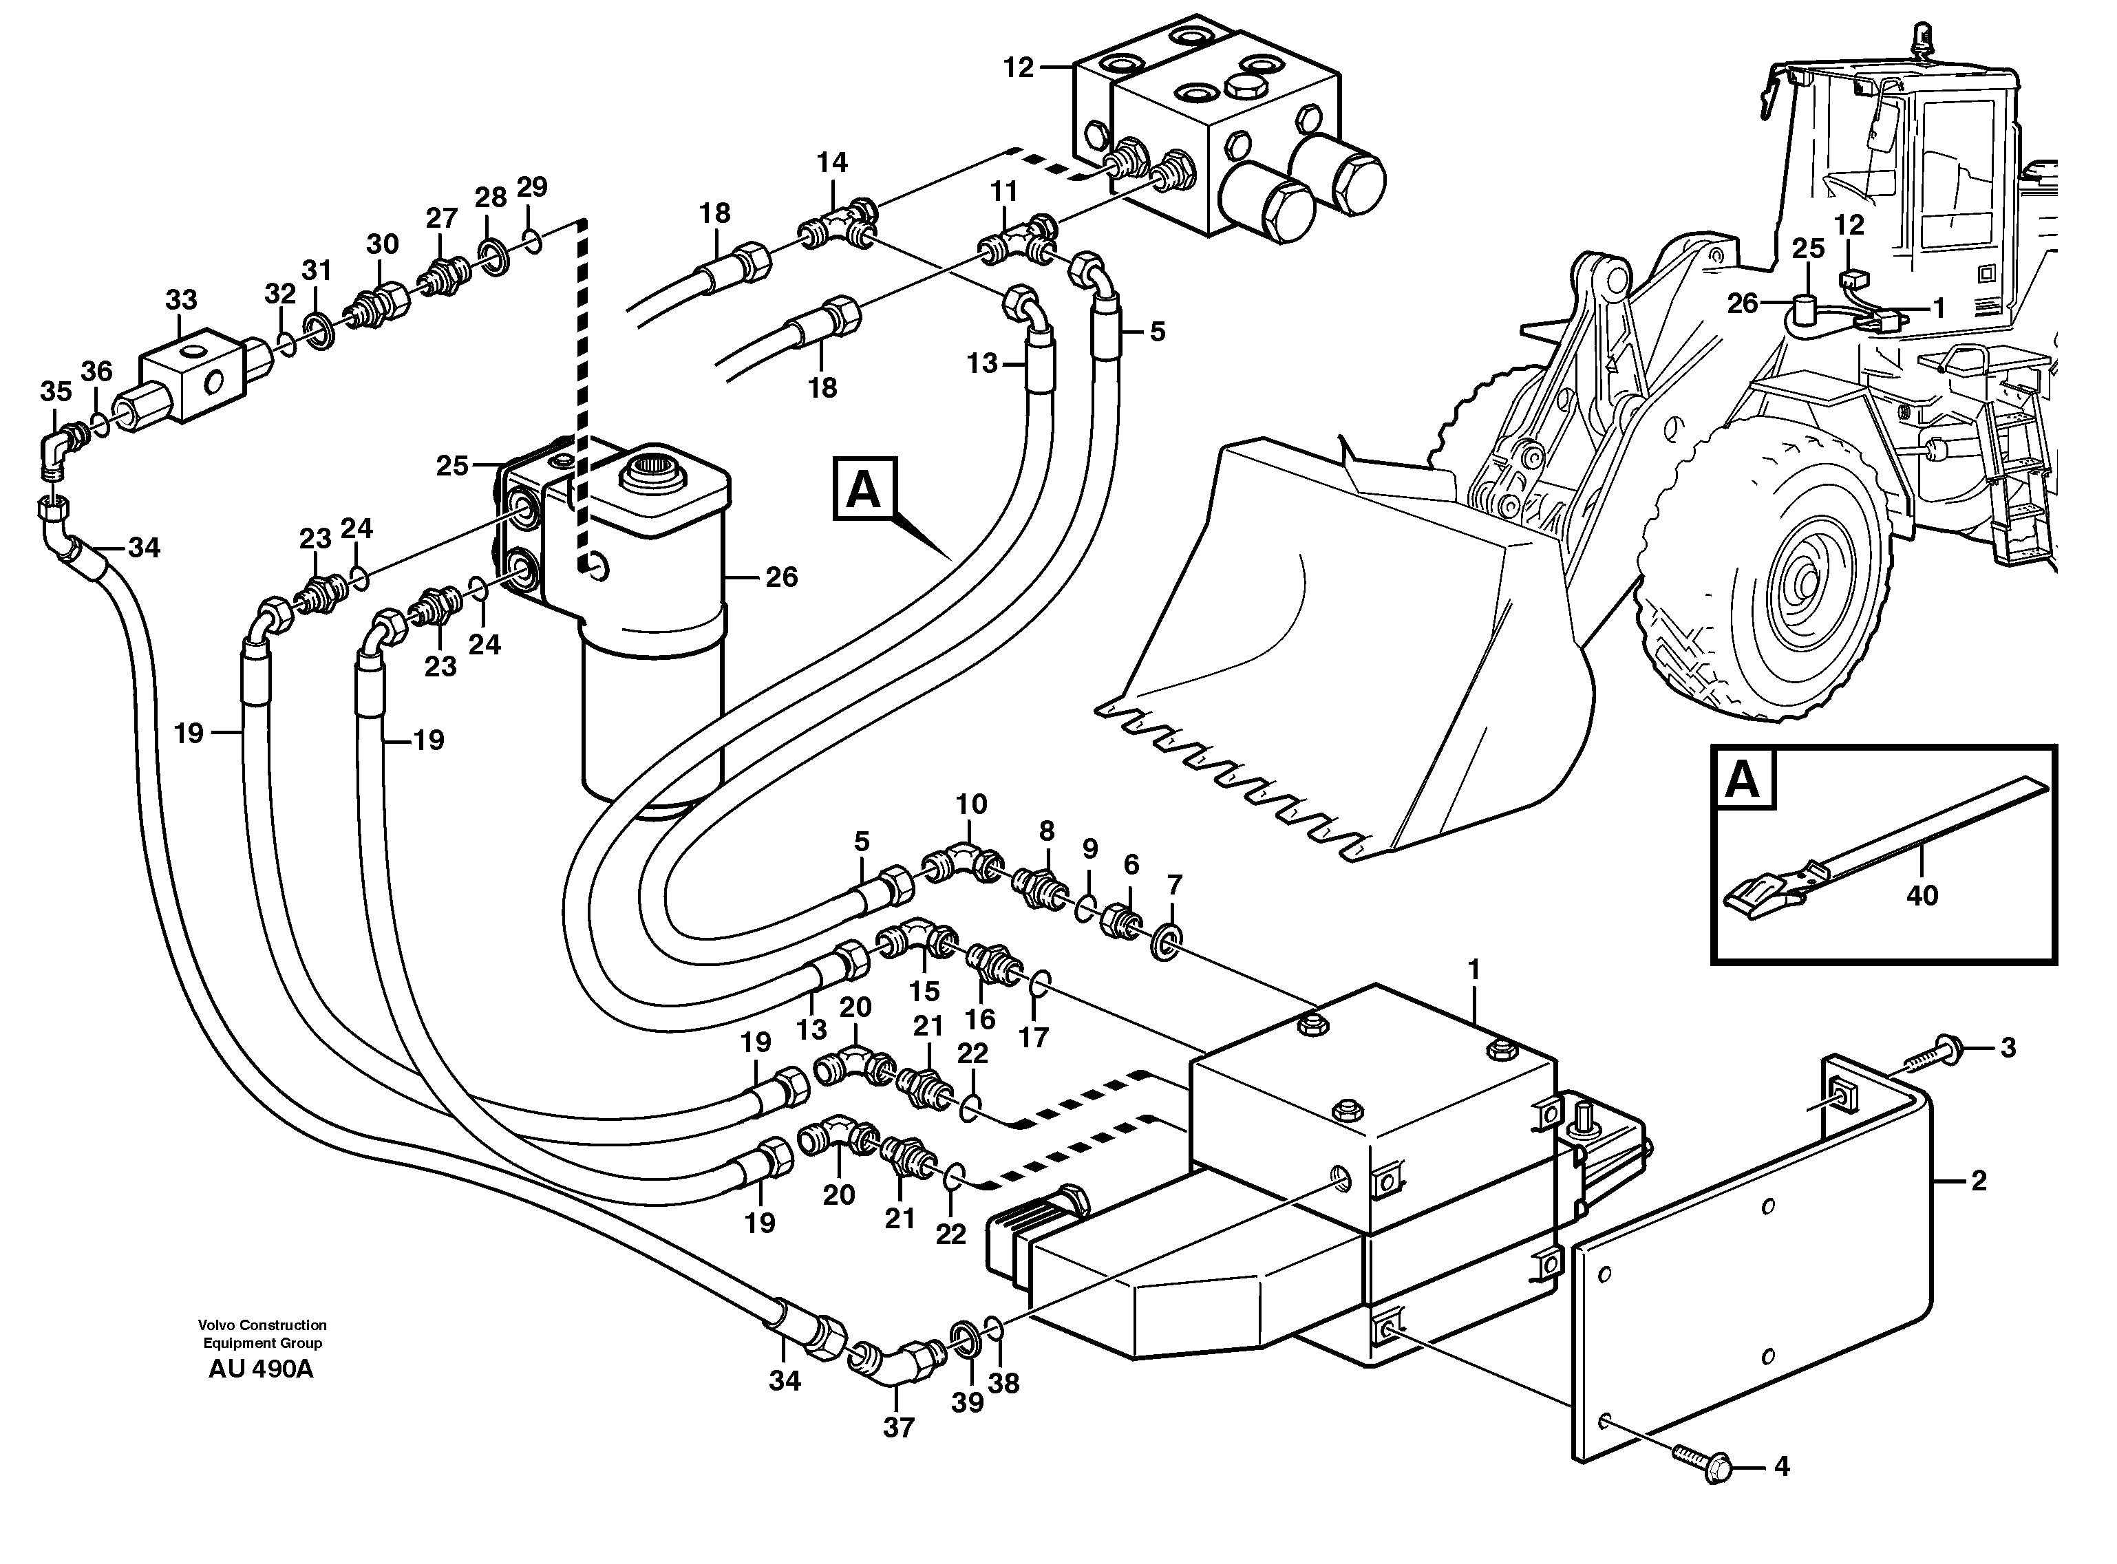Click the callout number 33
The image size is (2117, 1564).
(x=181, y=300)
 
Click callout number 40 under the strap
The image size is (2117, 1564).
(x=1922, y=895)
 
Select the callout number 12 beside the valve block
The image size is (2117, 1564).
(x=1019, y=68)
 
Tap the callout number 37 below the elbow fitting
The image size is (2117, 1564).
(x=899, y=1426)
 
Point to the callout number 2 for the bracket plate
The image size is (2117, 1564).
(x=1978, y=1181)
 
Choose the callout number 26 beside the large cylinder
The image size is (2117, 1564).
(x=781, y=577)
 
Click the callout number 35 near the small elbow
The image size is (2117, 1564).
(x=56, y=391)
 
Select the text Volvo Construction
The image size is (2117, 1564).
(x=262, y=1325)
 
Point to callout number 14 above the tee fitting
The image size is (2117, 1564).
(x=833, y=162)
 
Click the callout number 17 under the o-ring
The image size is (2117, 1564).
(x=1034, y=1038)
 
